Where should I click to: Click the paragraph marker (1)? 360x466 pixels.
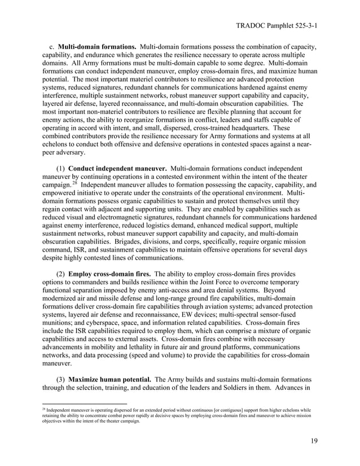coord(61,169)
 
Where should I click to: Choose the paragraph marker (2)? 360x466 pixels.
coord(61,274)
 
